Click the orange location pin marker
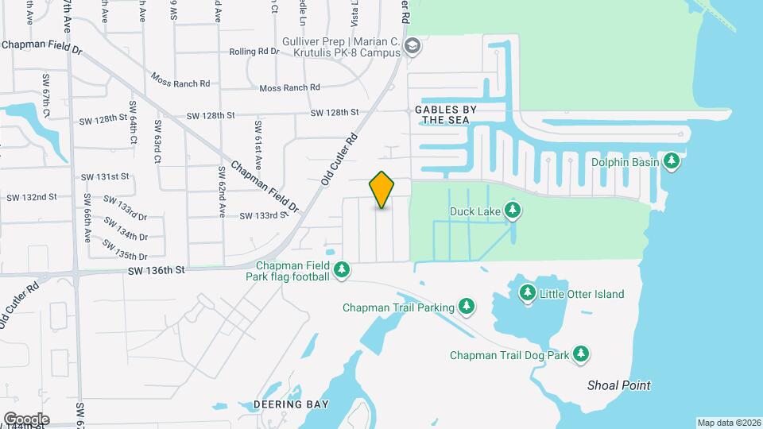coord(381,189)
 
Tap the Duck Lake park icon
coord(513,211)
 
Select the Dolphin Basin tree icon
coord(672,161)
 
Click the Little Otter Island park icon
coord(526,293)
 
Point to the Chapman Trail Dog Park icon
coord(582,354)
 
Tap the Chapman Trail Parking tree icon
coord(467,307)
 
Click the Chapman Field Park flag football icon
coord(342,270)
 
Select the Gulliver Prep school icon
coord(412,45)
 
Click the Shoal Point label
coord(618,385)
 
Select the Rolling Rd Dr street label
coord(254,51)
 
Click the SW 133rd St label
coord(262,215)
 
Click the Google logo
coord(26,419)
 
